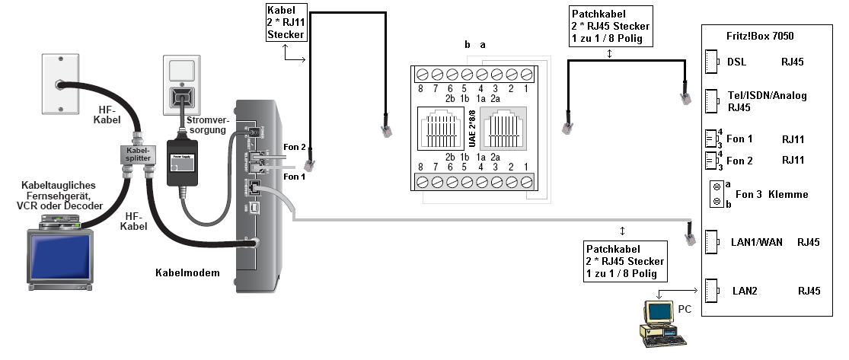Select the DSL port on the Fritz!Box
[x=711, y=62]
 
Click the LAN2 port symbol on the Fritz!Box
[x=711, y=291]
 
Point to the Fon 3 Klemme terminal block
[x=716, y=195]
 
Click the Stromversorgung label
[x=206, y=124]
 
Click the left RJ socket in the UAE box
[x=442, y=131]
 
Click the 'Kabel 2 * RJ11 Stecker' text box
[x=286, y=23]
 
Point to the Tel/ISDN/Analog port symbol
[x=711, y=100]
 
